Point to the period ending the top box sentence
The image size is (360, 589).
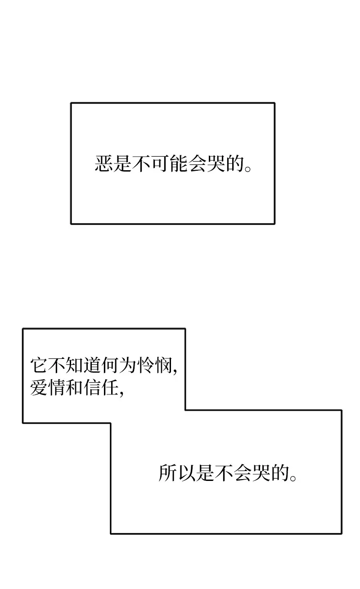point(247,168)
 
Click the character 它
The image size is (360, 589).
point(39,365)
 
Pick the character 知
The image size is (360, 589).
point(75,365)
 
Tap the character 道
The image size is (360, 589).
point(93,365)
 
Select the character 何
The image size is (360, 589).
point(111,365)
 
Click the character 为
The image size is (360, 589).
point(129,365)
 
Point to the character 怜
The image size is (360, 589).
point(146,365)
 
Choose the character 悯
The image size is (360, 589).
point(164,365)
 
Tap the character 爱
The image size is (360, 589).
point(39,387)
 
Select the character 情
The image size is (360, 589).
point(57,387)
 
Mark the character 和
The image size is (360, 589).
point(75,387)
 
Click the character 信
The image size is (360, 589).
point(93,387)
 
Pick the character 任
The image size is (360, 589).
point(111,387)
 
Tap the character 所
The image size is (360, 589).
point(167,473)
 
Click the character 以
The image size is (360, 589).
point(186,473)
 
